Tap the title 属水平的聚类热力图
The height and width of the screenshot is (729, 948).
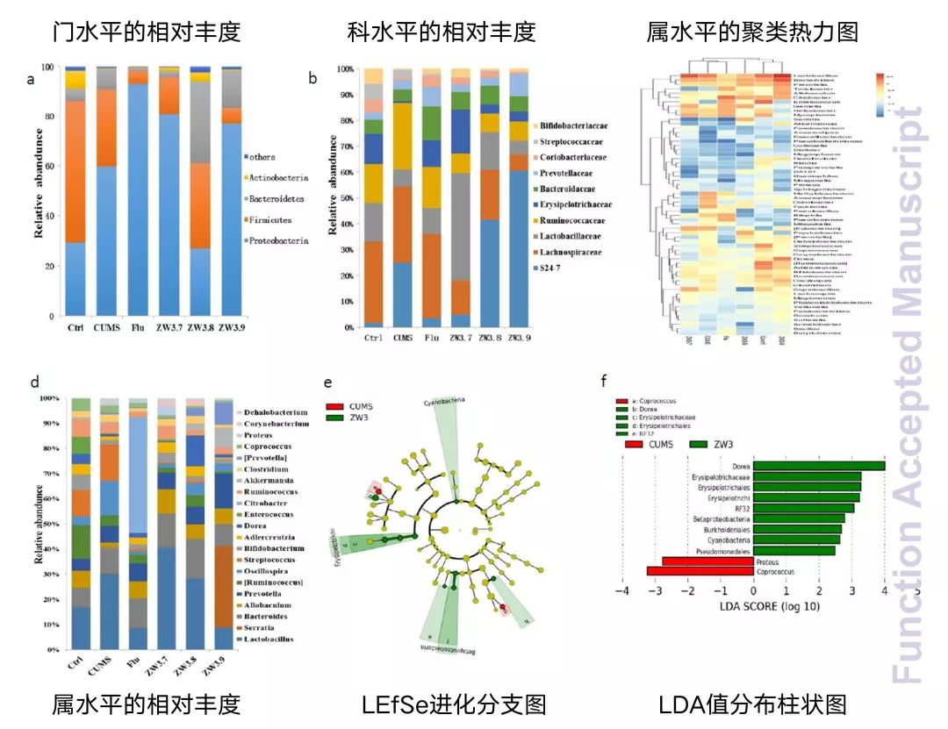pyautogui.click(x=752, y=33)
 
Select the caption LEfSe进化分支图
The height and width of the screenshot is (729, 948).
pyautogui.click(x=454, y=704)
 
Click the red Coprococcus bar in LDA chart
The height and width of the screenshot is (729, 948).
pyautogui.click(x=700, y=571)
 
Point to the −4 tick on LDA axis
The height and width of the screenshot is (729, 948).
pyautogui.click(x=622, y=592)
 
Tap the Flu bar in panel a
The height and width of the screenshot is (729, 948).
pyautogui.click(x=138, y=193)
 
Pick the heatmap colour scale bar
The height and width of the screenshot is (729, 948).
pyautogui.click(x=881, y=93)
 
